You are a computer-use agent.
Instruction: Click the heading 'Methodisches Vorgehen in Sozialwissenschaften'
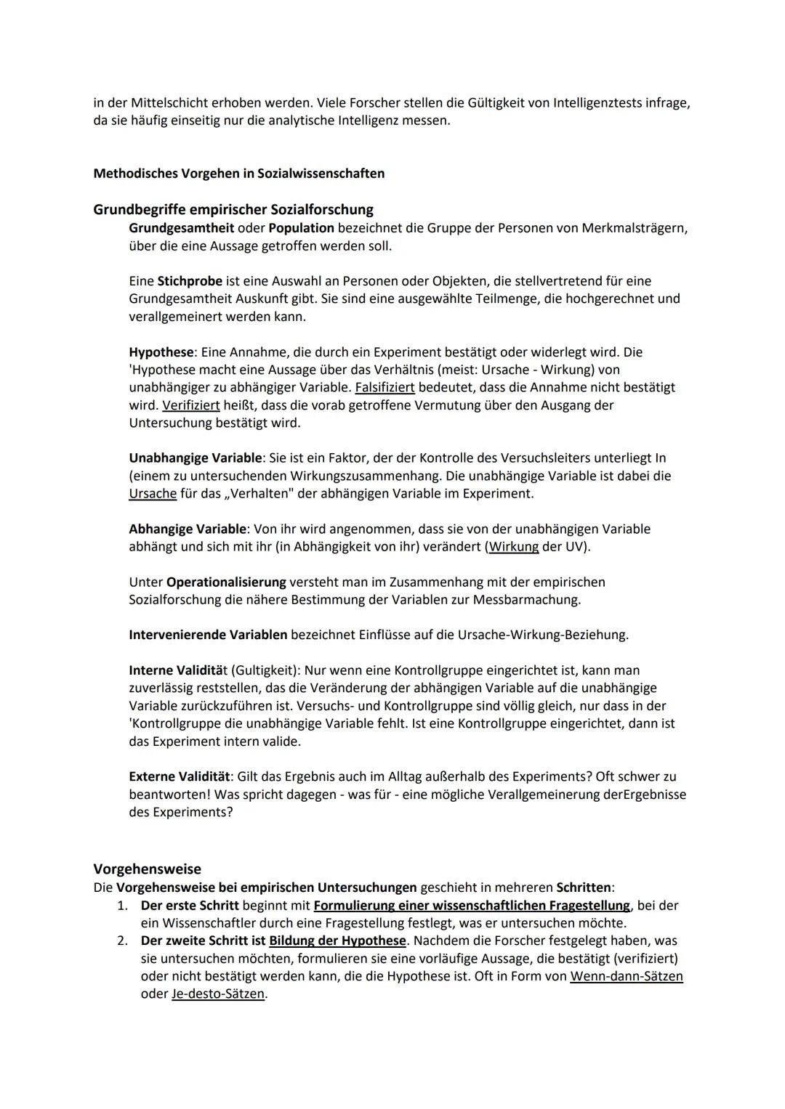tap(239, 174)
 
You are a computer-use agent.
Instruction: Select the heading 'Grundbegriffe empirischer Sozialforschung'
tap(233, 209)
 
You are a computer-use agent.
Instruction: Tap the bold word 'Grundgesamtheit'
tap(181, 228)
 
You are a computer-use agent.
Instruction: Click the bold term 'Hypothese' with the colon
tap(161, 352)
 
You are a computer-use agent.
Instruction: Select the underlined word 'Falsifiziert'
tap(385, 387)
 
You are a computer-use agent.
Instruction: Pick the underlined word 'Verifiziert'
tap(190, 405)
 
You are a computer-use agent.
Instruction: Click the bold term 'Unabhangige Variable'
tap(195, 458)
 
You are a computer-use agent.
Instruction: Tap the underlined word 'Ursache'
tap(153, 494)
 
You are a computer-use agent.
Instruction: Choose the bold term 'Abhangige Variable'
tap(188, 529)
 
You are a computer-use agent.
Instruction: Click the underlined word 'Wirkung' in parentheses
tap(514, 547)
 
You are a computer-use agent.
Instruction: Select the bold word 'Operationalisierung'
tap(226, 582)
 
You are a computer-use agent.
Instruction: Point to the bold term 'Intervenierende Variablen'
tap(208, 635)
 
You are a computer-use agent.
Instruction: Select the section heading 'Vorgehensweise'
tap(147, 869)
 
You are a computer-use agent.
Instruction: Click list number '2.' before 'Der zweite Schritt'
tap(123, 941)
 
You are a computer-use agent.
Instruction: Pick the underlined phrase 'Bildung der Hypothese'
tap(337, 941)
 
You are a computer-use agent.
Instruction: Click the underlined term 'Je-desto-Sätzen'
tap(218, 994)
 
